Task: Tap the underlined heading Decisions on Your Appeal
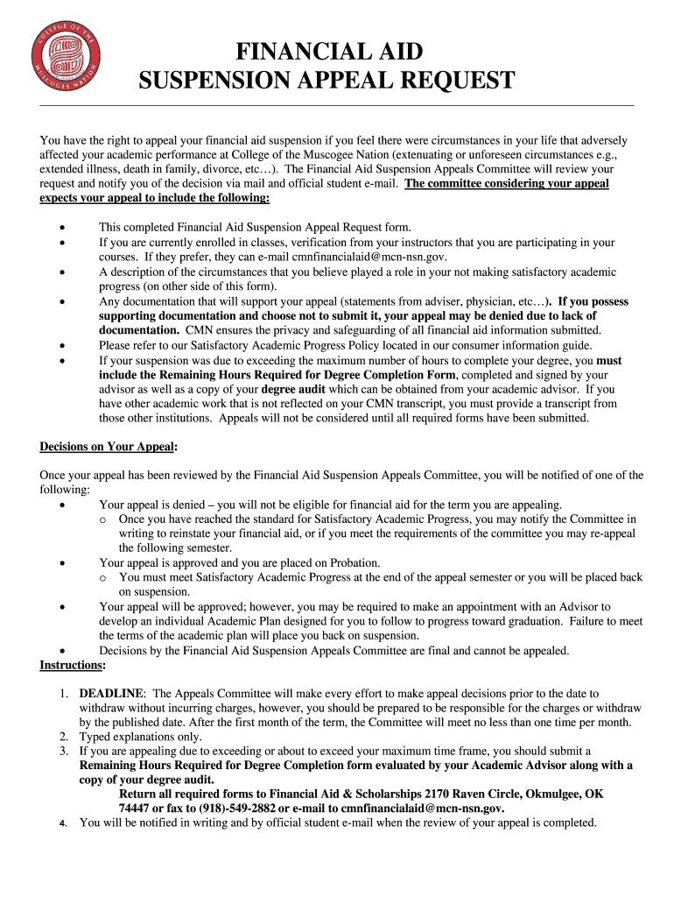(x=108, y=447)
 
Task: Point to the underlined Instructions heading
(x=72, y=666)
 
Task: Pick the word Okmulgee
(x=557, y=795)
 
